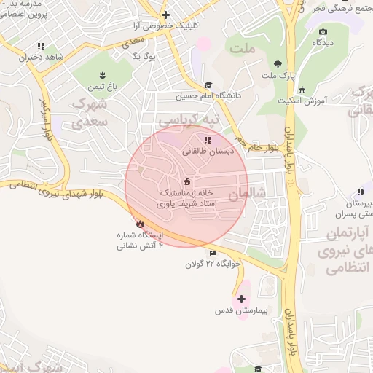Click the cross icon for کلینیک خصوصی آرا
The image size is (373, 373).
tap(166, 15)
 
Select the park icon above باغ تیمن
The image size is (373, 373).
tap(102, 74)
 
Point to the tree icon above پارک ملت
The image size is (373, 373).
tap(278, 64)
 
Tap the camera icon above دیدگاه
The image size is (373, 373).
tap(323, 31)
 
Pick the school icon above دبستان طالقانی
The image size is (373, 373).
tap(208, 140)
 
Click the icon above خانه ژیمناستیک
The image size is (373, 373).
tap(186, 181)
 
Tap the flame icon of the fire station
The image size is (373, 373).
tap(140, 224)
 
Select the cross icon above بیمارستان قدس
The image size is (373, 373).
tap(241, 299)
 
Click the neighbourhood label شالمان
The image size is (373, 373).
tap(244, 195)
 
